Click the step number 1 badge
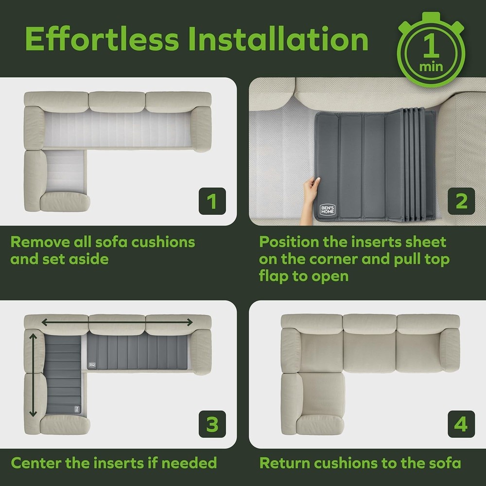click(212, 201)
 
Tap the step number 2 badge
click(461, 201)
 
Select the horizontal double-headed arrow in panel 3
click(117, 321)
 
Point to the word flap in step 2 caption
click(276, 276)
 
